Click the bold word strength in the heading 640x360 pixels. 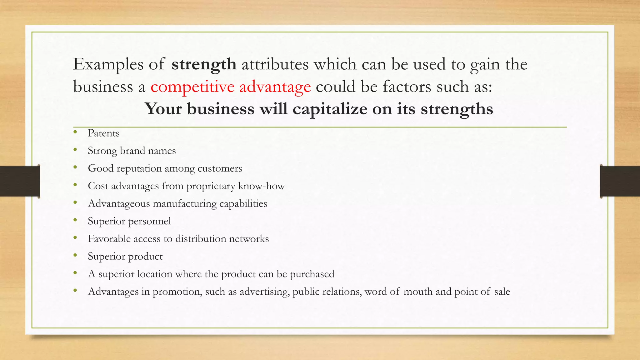[204, 64]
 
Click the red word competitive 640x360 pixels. [192, 87]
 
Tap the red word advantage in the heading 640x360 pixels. [275, 87]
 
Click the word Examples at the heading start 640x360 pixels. [108, 64]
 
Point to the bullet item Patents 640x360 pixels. [104, 133]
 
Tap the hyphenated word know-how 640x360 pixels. [261, 186]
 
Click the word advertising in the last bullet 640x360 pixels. [264, 292]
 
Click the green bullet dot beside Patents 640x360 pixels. [75, 132]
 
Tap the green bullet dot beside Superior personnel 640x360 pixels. [75, 220]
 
